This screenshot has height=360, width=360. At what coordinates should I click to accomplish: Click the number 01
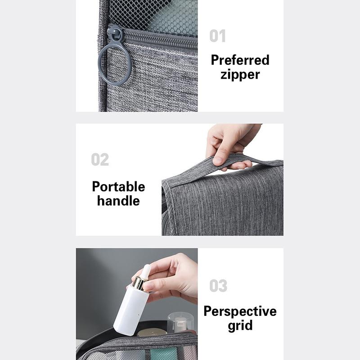217,36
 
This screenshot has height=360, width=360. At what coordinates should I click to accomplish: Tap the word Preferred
240,60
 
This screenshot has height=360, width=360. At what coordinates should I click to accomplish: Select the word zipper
240,74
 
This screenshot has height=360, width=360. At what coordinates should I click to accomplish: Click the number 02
100,160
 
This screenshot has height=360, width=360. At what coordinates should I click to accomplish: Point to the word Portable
118,186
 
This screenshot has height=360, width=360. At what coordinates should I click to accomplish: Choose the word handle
118,201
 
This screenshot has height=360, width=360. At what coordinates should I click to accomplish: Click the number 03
218,286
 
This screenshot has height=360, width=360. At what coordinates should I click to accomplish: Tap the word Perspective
240,311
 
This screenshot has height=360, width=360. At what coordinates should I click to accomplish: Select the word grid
240,326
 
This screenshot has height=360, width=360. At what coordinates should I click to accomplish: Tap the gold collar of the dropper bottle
140,283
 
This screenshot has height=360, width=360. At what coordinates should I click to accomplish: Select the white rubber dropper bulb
145,271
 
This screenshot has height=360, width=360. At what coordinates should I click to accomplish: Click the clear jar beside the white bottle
180,322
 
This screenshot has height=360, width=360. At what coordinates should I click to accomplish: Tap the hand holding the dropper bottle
173,277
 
